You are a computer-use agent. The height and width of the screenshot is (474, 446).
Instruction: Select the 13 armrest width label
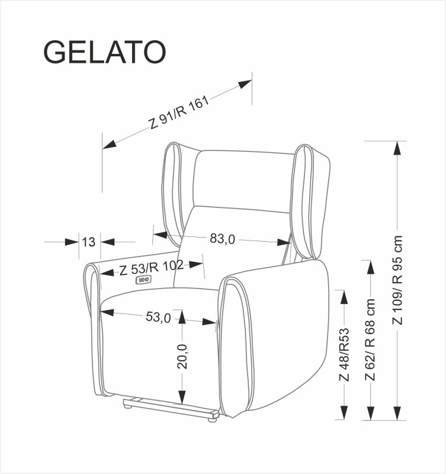pos(89,242)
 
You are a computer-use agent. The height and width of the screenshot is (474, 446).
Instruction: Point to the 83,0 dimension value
pos(223,239)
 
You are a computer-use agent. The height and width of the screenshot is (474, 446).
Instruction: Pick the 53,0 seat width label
pos(158,318)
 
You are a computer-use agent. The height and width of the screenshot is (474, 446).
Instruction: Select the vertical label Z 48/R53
pos(344,355)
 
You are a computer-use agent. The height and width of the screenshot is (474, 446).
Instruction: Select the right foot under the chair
pos(211,421)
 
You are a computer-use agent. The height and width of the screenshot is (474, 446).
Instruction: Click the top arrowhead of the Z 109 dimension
pos(396,148)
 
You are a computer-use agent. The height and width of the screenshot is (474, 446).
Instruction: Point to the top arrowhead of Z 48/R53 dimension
pos(343,296)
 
